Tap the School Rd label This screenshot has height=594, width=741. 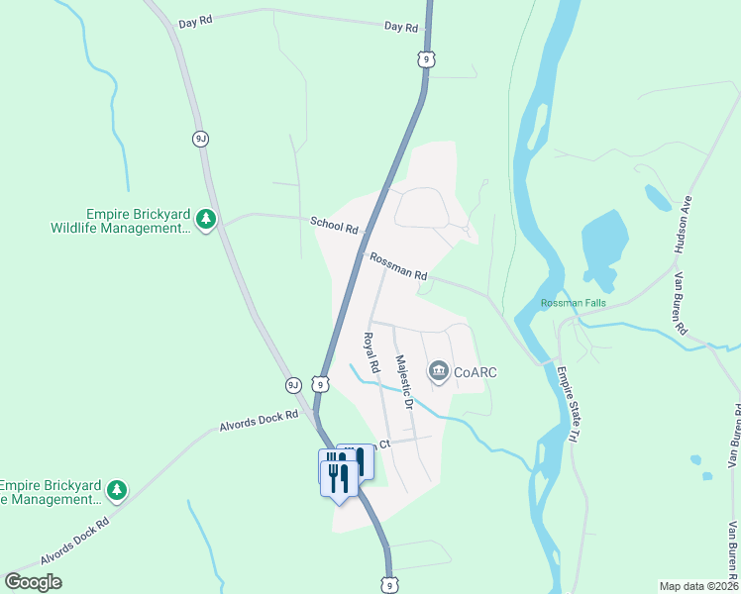pos(333,225)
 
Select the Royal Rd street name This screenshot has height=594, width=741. pos(371,352)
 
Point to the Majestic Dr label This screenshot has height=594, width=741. pos(402,382)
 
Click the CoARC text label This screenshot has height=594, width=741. pos(475,372)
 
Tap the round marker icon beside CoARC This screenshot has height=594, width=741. pos(438,372)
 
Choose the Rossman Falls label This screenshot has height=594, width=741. pos(572,303)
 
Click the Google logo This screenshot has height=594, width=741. pos(34,581)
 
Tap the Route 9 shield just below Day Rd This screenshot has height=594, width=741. pos(425,60)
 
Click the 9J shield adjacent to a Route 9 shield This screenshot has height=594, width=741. pos(293,384)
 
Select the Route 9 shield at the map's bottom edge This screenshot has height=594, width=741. pos(390,585)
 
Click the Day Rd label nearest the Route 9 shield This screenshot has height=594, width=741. pos(400,28)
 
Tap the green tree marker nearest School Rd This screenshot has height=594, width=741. pos(206,219)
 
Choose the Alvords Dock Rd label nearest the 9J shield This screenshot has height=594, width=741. pos(259,422)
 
